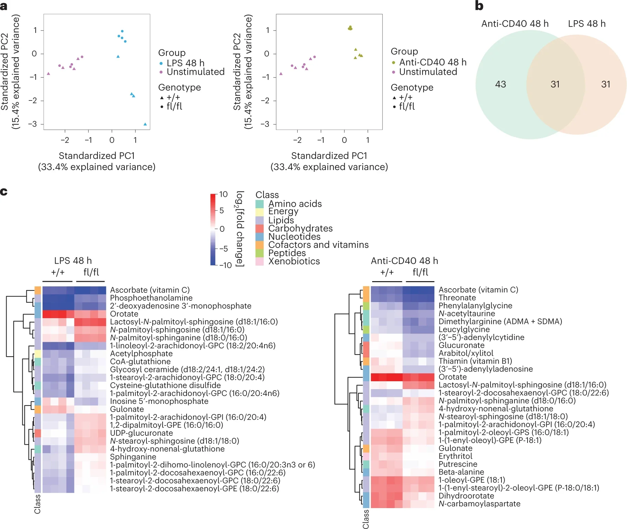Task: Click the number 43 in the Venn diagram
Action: [x=500, y=84]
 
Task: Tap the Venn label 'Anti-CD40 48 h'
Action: [x=515, y=24]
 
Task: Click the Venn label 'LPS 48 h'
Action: [x=587, y=24]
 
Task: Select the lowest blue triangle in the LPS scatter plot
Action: [x=145, y=124]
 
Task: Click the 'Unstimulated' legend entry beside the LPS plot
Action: [x=196, y=72]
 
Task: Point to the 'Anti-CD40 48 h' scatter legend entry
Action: [x=433, y=62]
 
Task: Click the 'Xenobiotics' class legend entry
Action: [x=294, y=261]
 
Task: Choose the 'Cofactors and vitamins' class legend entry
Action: [x=318, y=245]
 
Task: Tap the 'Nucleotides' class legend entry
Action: [x=294, y=237]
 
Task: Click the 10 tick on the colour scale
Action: [x=223, y=194]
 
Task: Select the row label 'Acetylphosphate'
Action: [x=141, y=353]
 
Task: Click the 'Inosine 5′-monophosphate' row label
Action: [x=159, y=401]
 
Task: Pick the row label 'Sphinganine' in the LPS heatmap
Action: [x=133, y=457]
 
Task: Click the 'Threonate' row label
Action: [x=457, y=298]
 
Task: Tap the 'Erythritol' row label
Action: [x=456, y=456]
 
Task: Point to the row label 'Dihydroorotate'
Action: [x=466, y=496]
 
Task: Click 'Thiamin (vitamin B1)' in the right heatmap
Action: [x=475, y=361]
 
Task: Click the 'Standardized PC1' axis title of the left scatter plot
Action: [x=97, y=156]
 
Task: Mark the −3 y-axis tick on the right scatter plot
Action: [x=265, y=124]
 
